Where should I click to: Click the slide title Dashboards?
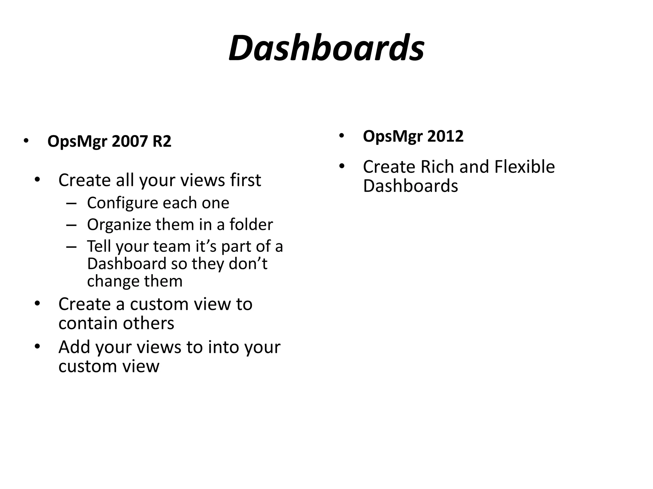326,48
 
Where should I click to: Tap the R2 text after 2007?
162,141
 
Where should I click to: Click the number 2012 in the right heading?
445,136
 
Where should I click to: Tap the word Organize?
119,225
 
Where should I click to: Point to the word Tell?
99,246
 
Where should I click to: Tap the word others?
149,323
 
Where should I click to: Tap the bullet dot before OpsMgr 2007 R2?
26,141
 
